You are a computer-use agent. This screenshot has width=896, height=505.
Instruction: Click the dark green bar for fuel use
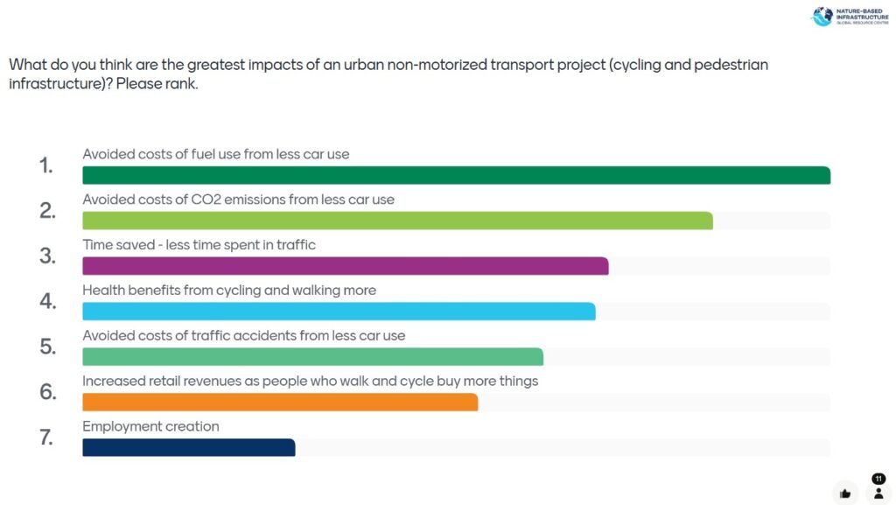(456, 175)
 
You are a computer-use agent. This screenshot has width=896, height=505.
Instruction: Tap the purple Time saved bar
(345, 266)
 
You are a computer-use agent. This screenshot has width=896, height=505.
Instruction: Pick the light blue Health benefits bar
(339, 312)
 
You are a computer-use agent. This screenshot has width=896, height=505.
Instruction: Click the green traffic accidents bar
(312, 357)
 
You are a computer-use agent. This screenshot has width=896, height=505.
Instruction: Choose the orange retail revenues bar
(280, 403)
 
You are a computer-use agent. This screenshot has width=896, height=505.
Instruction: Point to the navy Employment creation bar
(188, 447)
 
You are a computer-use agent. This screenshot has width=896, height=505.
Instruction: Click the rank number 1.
(46, 165)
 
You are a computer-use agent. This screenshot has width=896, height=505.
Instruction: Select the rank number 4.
(47, 302)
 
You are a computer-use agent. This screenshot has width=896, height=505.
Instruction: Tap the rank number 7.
(47, 438)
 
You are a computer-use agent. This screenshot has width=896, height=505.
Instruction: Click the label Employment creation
(150, 427)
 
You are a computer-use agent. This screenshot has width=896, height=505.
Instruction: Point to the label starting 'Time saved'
(199, 245)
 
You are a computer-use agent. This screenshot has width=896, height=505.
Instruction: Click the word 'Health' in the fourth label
(104, 291)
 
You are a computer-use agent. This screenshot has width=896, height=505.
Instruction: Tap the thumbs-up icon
(845, 493)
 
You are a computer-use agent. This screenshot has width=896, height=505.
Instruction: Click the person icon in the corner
(878, 493)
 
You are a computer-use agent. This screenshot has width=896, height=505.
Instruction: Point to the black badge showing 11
(878, 479)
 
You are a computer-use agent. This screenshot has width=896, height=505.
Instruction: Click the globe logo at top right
(822, 17)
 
